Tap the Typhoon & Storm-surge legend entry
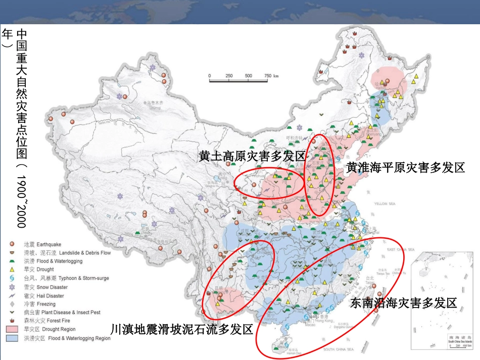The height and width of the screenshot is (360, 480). (x=66, y=278)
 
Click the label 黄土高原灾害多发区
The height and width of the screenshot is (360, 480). (x=252, y=156)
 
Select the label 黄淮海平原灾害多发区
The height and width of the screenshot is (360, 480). (x=405, y=168)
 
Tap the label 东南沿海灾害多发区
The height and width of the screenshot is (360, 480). (x=403, y=303)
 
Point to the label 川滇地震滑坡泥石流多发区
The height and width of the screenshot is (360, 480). (x=181, y=330)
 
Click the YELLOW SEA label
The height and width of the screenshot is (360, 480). (x=388, y=204)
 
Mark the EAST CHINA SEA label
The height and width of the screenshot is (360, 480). (x=400, y=249)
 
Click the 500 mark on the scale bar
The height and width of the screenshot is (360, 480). (x=248, y=76)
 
